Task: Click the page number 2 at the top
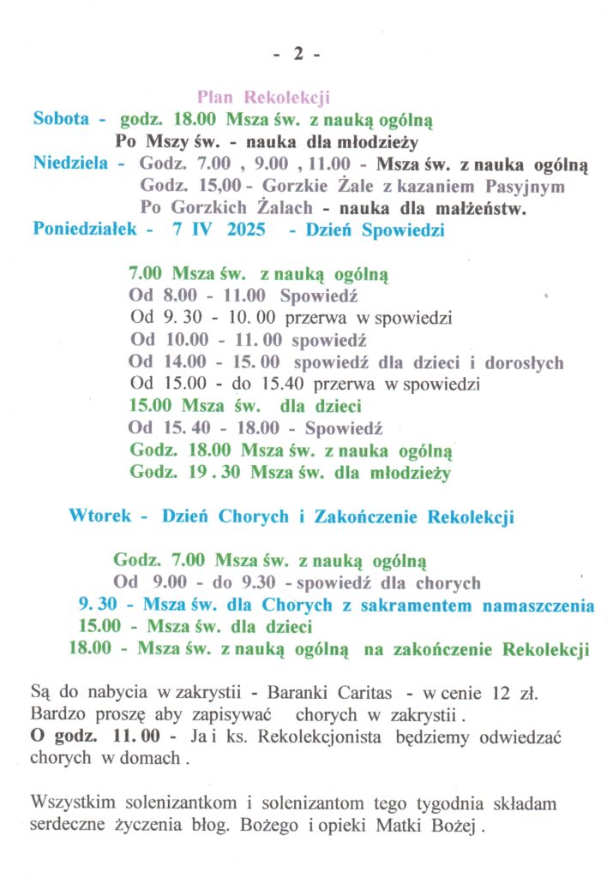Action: click(x=298, y=54)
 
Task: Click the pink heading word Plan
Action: click(x=216, y=98)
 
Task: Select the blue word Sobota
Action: click(x=61, y=119)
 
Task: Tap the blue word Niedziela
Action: click(x=71, y=163)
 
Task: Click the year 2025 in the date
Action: click(x=246, y=230)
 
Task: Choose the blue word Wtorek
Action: click(x=100, y=516)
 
